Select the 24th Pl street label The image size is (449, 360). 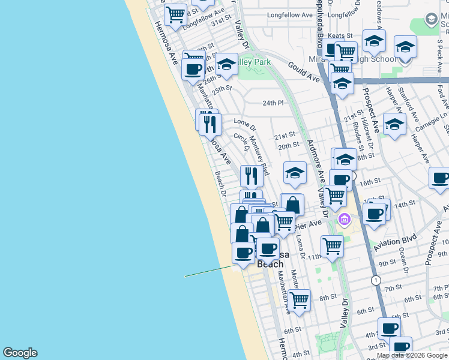click(273, 103)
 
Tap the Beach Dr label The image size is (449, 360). click(220, 184)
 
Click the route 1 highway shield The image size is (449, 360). click(376, 280)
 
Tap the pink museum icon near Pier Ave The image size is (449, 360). click(343, 220)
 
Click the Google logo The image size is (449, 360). click(20, 353)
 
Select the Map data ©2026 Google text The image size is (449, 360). click(412, 355)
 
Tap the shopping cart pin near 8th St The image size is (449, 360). click(298, 298)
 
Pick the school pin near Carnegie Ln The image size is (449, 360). click(394, 124)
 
